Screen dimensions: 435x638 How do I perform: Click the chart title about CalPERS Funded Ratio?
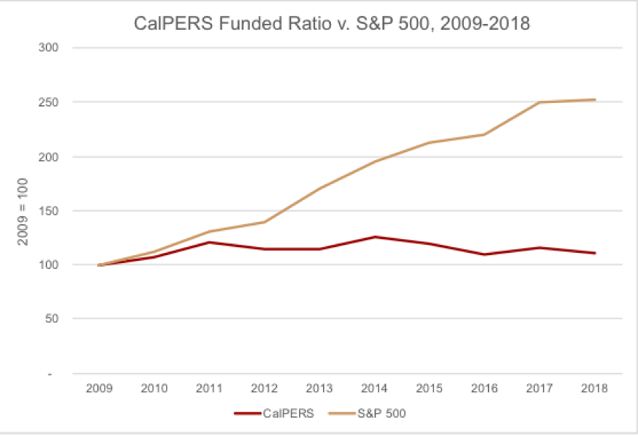[332, 23]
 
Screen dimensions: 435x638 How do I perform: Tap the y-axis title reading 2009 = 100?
[23, 211]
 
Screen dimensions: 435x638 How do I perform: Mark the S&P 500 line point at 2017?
[540, 102]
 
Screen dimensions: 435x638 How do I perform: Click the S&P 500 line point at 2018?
[595, 100]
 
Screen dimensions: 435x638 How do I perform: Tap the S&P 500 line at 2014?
[375, 162]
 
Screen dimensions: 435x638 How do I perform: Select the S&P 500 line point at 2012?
[264, 222]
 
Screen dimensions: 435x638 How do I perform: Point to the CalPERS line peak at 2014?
[375, 237]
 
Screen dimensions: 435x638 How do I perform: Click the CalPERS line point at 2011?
[209, 242]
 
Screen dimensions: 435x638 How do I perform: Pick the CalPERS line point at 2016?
[485, 254]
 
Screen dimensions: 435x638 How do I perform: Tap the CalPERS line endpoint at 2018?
[595, 253]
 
